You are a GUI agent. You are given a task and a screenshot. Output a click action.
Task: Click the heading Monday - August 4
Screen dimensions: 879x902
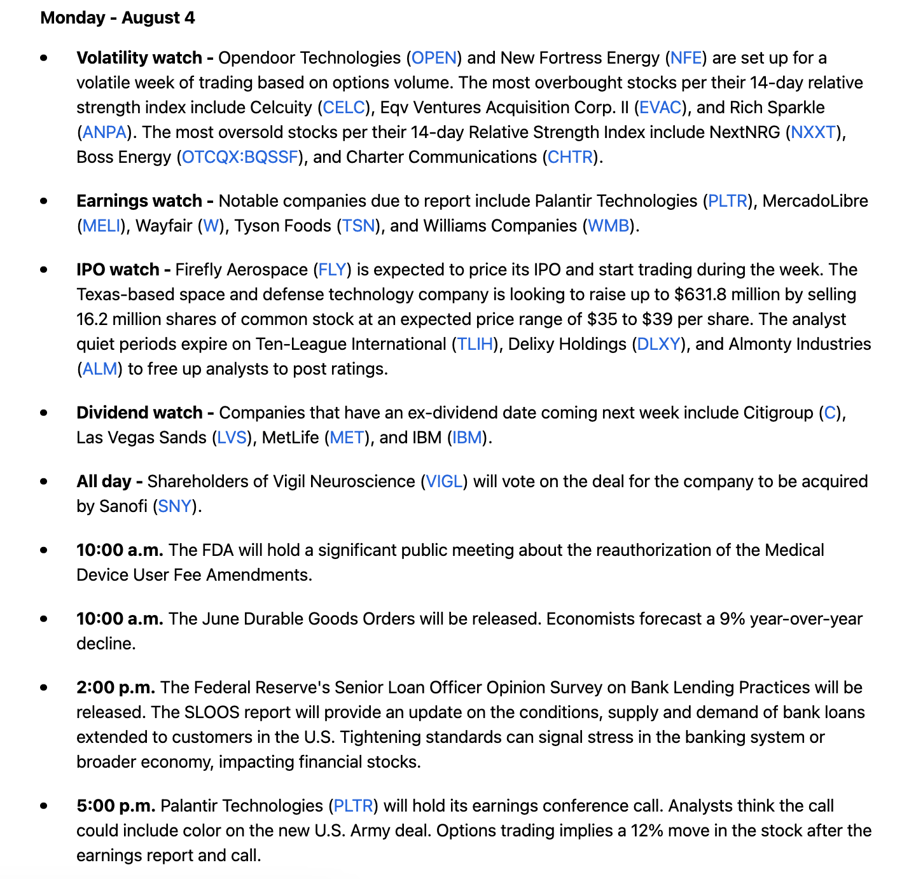pyautogui.click(x=117, y=18)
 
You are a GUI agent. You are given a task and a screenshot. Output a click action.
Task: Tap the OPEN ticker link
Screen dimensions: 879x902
pyautogui.click(x=434, y=58)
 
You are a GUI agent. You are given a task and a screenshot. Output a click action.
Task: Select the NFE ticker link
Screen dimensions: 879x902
pyautogui.click(x=686, y=58)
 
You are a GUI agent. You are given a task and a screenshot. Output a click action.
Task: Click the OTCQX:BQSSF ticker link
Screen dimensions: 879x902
pyautogui.click(x=240, y=157)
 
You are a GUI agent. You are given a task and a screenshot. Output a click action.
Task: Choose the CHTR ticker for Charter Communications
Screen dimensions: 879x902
pyautogui.click(x=570, y=157)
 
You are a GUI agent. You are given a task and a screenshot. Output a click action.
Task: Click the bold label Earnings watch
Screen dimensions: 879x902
pyautogui.click(x=139, y=201)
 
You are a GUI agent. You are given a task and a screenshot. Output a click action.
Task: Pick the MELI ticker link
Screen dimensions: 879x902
pyautogui.click(x=101, y=226)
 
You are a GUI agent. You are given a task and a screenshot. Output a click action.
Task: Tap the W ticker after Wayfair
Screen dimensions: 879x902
pyautogui.click(x=211, y=226)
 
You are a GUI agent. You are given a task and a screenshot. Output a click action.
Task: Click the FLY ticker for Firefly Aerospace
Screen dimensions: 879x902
pyautogui.click(x=333, y=270)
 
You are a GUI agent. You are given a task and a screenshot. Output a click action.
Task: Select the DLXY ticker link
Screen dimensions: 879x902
pyautogui.click(x=658, y=344)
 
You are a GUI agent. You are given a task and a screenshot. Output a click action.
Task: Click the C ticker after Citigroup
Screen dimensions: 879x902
pyautogui.click(x=829, y=413)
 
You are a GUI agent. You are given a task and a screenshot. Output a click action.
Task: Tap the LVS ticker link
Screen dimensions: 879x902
pyautogui.click(x=232, y=438)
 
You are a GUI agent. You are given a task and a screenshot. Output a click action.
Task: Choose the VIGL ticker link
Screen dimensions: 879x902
pyautogui.click(x=444, y=481)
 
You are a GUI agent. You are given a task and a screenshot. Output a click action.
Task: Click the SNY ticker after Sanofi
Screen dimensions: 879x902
pyautogui.click(x=174, y=506)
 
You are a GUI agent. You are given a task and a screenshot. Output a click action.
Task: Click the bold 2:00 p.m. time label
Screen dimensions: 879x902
pyautogui.click(x=116, y=688)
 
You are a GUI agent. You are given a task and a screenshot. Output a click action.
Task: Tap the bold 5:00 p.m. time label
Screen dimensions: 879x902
pyautogui.click(x=116, y=806)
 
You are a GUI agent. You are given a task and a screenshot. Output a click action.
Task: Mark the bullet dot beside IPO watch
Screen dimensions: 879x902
pyautogui.click(x=44, y=270)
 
